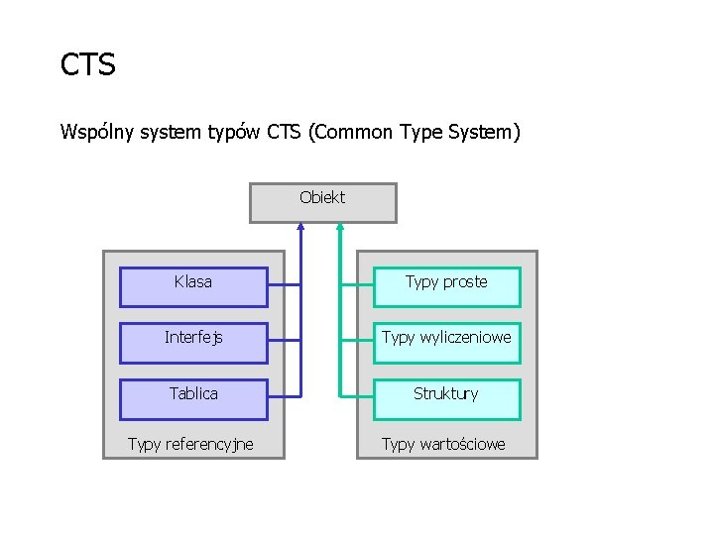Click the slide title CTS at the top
88,65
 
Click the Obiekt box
322,202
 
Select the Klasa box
193,286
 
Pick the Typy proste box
446,286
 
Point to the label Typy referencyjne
190,444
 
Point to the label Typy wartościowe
443,444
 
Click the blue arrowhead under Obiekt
300,227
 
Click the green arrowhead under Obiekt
339,227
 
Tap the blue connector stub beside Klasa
284,285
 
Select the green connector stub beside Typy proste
356,285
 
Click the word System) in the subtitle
484,132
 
